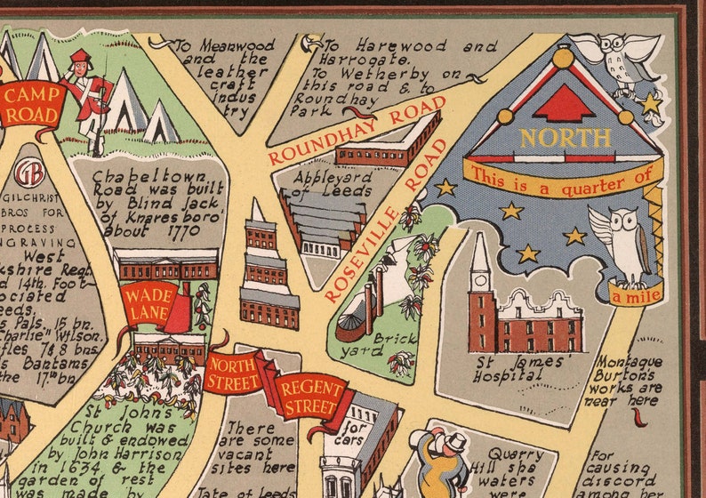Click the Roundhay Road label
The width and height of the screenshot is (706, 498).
(356, 132)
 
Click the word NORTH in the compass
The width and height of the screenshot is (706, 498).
(565, 138)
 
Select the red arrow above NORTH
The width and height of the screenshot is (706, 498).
(563, 104)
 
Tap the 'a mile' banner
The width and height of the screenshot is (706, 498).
(636, 293)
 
